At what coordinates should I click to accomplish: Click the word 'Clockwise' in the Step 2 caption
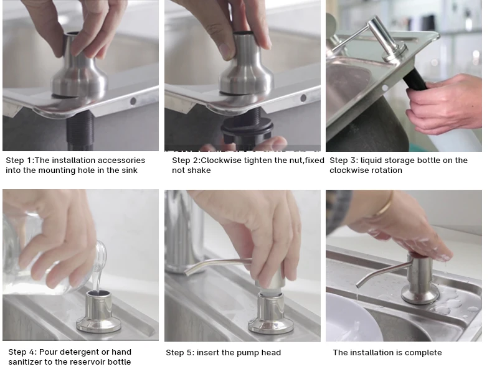(221, 161)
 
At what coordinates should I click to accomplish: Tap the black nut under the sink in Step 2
(247, 129)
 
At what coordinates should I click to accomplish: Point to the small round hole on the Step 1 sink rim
(133, 101)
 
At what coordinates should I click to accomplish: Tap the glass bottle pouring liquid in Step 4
(54, 254)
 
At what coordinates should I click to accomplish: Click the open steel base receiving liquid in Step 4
(98, 311)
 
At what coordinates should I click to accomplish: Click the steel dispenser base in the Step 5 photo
(271, 314)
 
